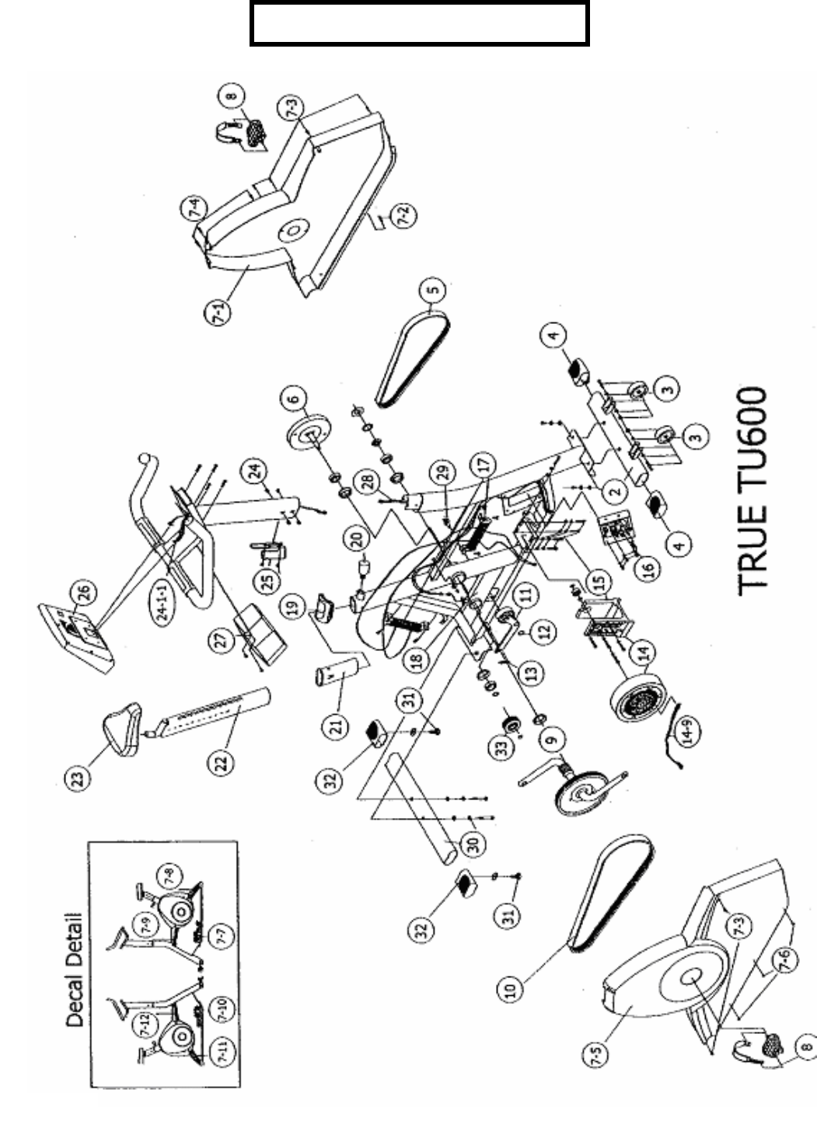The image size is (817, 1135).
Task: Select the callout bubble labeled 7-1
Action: [221, 313]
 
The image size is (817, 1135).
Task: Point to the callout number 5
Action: [432, 291]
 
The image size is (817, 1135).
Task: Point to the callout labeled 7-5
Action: [598, 1055]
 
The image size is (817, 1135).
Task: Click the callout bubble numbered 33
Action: [501, 748]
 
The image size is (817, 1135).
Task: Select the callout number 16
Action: [648, 567]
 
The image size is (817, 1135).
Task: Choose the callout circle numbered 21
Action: [336, 727]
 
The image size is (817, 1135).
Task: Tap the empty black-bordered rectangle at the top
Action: [419, 25]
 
